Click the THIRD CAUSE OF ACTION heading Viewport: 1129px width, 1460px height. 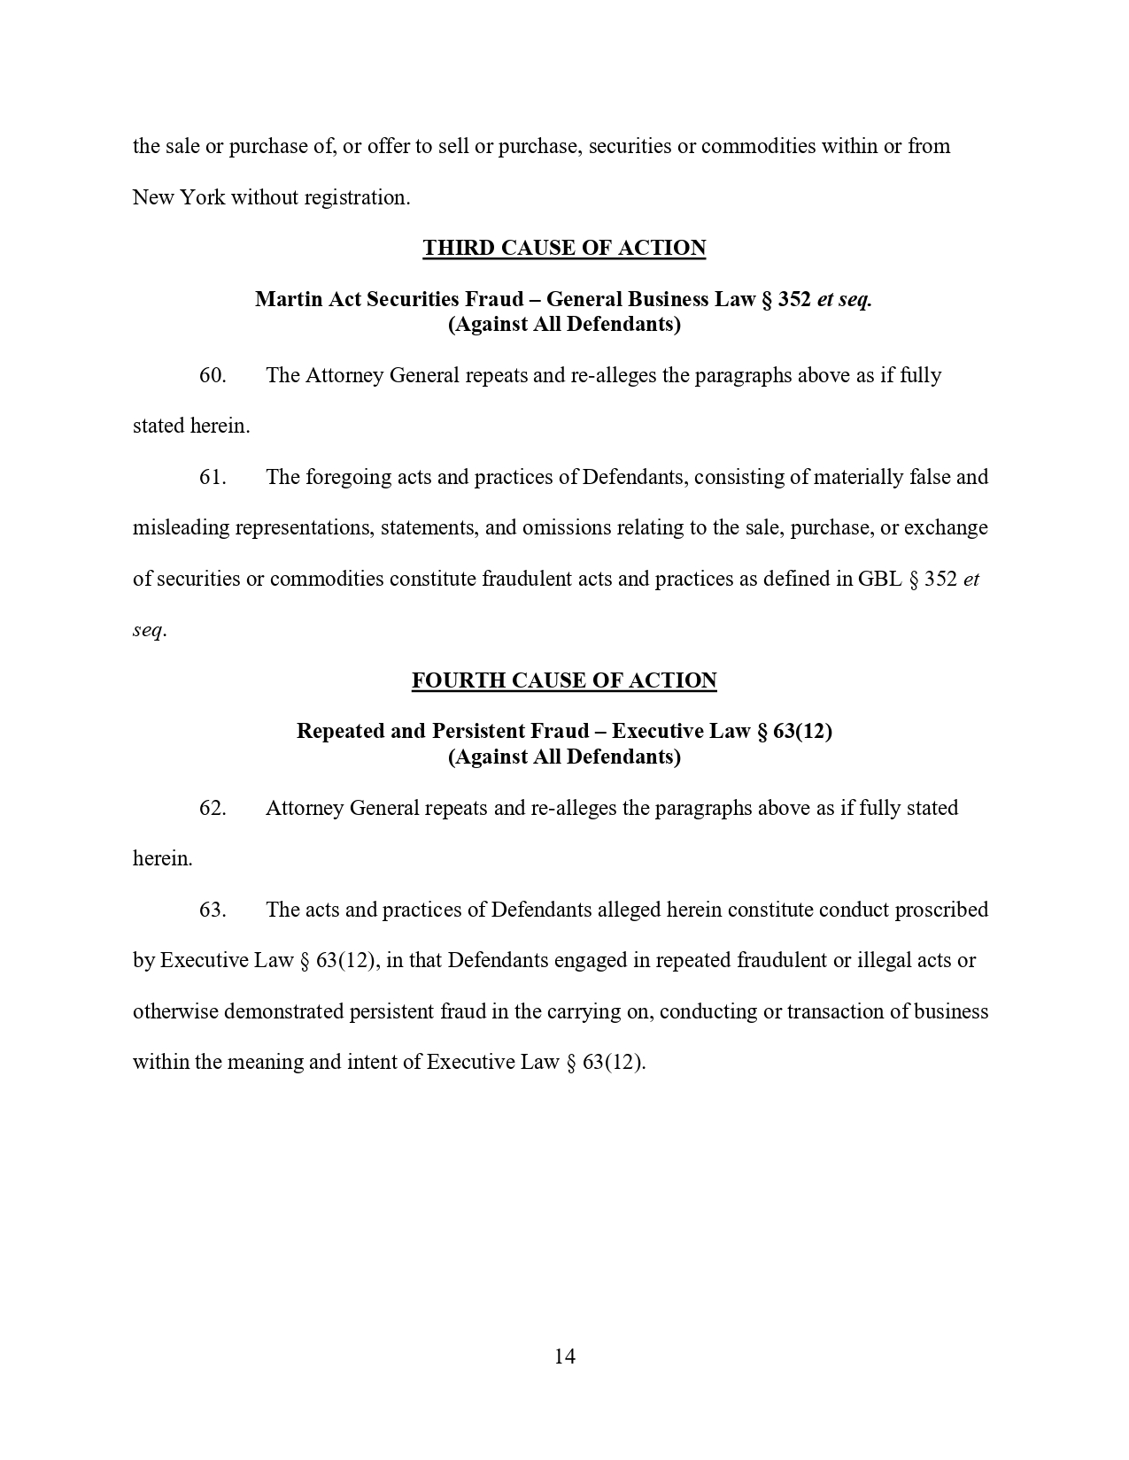[564, 249]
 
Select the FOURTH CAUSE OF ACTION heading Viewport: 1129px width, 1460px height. [564, 681]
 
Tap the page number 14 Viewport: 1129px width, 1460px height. [565, 1356]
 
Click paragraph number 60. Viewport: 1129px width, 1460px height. [213, 375]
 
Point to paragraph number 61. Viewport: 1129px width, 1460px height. [213, 477]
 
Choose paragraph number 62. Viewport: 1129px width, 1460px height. [213, 808]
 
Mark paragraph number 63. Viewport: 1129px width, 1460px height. [213, 910]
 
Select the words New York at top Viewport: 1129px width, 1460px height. [179, 197]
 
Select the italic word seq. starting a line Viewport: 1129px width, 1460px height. [149, 630]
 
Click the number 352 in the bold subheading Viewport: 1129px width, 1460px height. [794, 299]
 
